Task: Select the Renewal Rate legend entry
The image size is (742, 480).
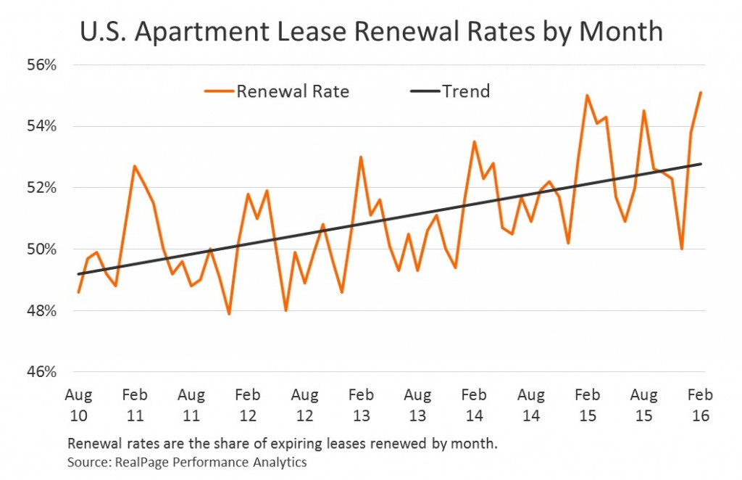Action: point(276,91)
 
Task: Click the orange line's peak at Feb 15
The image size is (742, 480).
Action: point(587,95)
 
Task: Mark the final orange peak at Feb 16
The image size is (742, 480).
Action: point(701,92)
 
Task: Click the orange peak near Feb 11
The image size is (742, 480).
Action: point(134,166)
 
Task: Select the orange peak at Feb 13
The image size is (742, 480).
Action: point(360,157)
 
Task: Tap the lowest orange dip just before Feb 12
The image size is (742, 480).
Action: point(229,314)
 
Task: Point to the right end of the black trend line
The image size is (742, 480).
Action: point(701,164)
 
